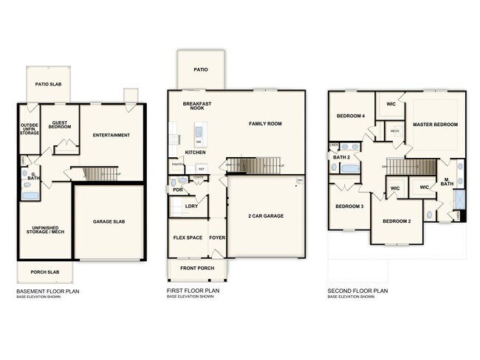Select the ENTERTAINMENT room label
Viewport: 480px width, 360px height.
[112, 135]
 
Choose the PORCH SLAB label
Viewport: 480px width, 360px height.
[44, 272]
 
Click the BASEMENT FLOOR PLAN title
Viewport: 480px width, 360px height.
[48, 291]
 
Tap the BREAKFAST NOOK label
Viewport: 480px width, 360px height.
[197, 106]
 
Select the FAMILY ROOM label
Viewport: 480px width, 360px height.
[265, 123]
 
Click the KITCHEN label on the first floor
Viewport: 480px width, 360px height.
[195, 152]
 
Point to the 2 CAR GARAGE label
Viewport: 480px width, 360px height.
[266, 215]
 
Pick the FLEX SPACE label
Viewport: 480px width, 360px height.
[188, 238]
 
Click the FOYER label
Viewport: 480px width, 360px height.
[217, 238]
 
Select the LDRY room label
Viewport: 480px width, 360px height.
[191, 206]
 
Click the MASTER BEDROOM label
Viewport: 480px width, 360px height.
[435, 124]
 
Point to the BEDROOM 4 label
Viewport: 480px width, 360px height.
[351, 116]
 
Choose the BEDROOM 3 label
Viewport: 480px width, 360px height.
[349, 206]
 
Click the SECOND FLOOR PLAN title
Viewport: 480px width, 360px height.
[357, 291]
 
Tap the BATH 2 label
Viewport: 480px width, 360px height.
[341, 157]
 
